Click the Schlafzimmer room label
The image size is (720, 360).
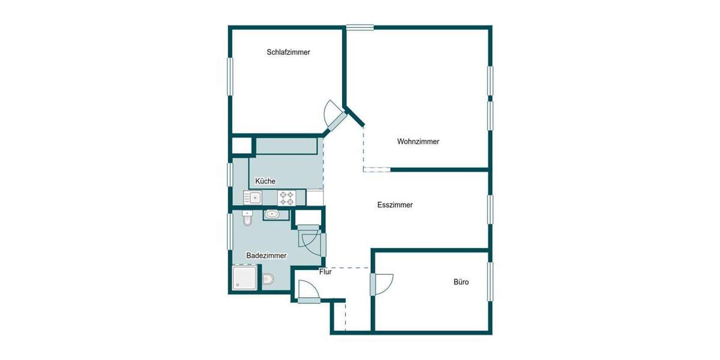pyautogui.click(x=288, y=52)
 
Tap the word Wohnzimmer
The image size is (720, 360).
pyautogui.click(x=418, y=142)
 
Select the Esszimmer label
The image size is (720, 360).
pyautogui.click(x=395, y=205)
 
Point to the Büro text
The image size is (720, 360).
pyautogui.click(x=461, y=281)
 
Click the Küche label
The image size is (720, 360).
pyautogui.click(x=265, y=181)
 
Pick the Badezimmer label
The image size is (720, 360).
pyautogui.click(x=266, y=255)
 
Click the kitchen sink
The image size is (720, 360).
pyautogui.click(x=253, y=197)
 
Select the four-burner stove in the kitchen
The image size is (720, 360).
pyautogui.click(x=286, y=197)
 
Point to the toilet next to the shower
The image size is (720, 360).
pyautogui.click(x=268, y=279)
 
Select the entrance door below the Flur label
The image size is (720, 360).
pyautogui.click(x=308, y=292)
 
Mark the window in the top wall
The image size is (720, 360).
pyautogui.click(x=359, y=27)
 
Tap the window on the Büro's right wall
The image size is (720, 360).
pyautogui.click(x=490, y=281)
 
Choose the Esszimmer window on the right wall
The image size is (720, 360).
pyautogui.click(x=490, y=209)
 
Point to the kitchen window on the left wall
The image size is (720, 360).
pyautogui.click(x=229, y=174)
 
